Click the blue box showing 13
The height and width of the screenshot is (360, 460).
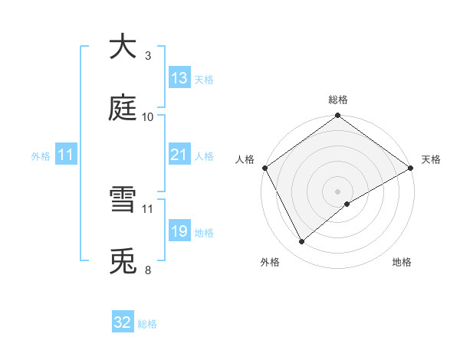pyautogui.click(x=179, y=78)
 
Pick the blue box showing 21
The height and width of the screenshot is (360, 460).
pyautogui.click(x=179, y=155)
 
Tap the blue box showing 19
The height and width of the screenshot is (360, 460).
pyautogui.click(x=179, y=231)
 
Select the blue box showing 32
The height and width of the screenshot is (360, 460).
pyautogui.click(x=123, y=322)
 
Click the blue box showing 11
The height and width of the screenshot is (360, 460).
pyautogui.click(x=65, y=155)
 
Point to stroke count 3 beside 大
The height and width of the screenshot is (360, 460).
pyautogui.click(x=148, y=56)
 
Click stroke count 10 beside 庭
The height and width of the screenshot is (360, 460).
pyautogui.click(x=148, y=117)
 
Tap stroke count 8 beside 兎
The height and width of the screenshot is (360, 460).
pyautogui.click(x=148, y=270)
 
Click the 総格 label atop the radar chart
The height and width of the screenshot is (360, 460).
pyautogui.click(x=338, y=100)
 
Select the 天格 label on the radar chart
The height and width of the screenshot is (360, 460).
pyautogui.click(x=431, y=159)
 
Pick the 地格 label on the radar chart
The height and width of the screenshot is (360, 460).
pyautogui.click(x=402, y=262)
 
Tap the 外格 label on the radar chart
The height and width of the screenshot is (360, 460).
pyautogui.click(x=270, y=262)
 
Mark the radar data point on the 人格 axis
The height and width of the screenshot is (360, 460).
pyautogui.click(x=265, y=168)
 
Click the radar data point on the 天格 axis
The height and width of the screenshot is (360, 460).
pyautogui.click(x=411, y=168)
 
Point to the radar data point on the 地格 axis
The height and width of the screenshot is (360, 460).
pyautogui.click(x=347, y=204)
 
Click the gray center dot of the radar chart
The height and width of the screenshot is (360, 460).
pyautogui.click(x=338, y=191)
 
